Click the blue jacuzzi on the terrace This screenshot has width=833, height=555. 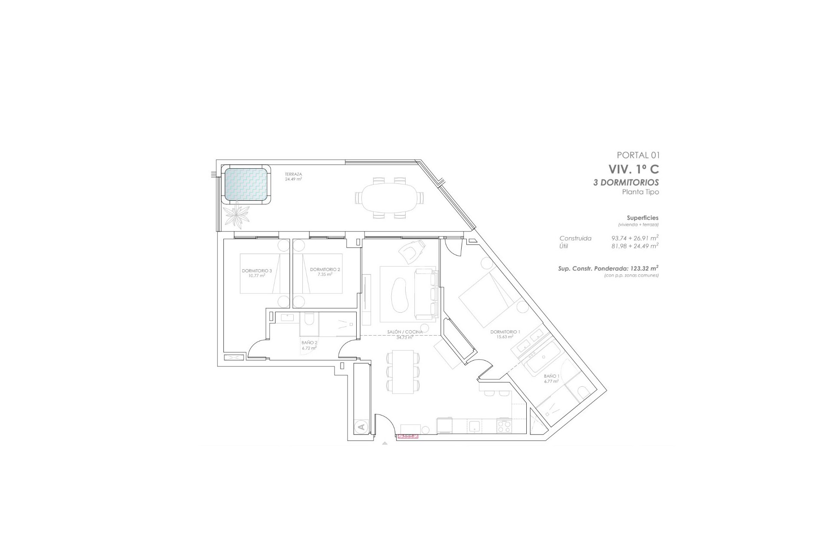pos(246,184)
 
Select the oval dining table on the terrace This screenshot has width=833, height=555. pos(388,198)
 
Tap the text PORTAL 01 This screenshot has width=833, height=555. pos(638,155)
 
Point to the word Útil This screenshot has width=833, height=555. pos(564,246)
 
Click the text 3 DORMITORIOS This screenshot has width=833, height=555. pos(626,183)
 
